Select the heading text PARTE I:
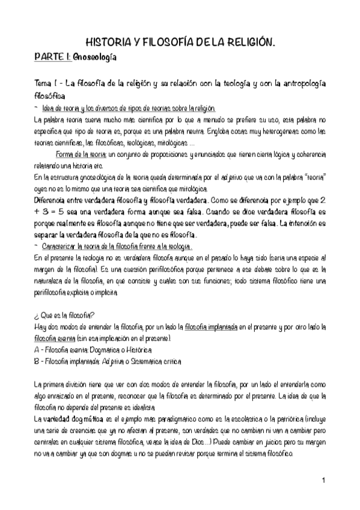click(53, 57)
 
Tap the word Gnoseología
click(95, 57)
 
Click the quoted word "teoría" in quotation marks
click(313, 179)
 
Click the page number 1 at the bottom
click(323, 481)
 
